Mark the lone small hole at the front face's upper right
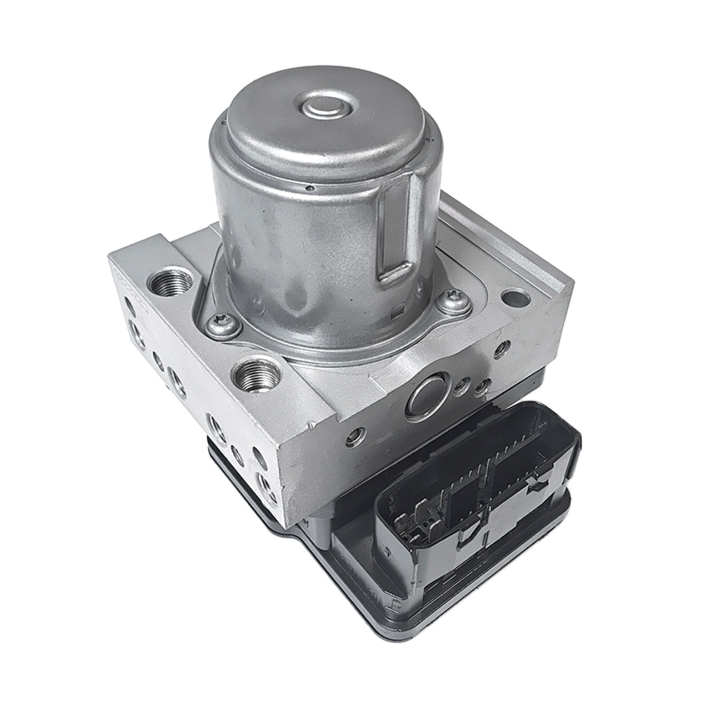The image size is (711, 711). point(503,348)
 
